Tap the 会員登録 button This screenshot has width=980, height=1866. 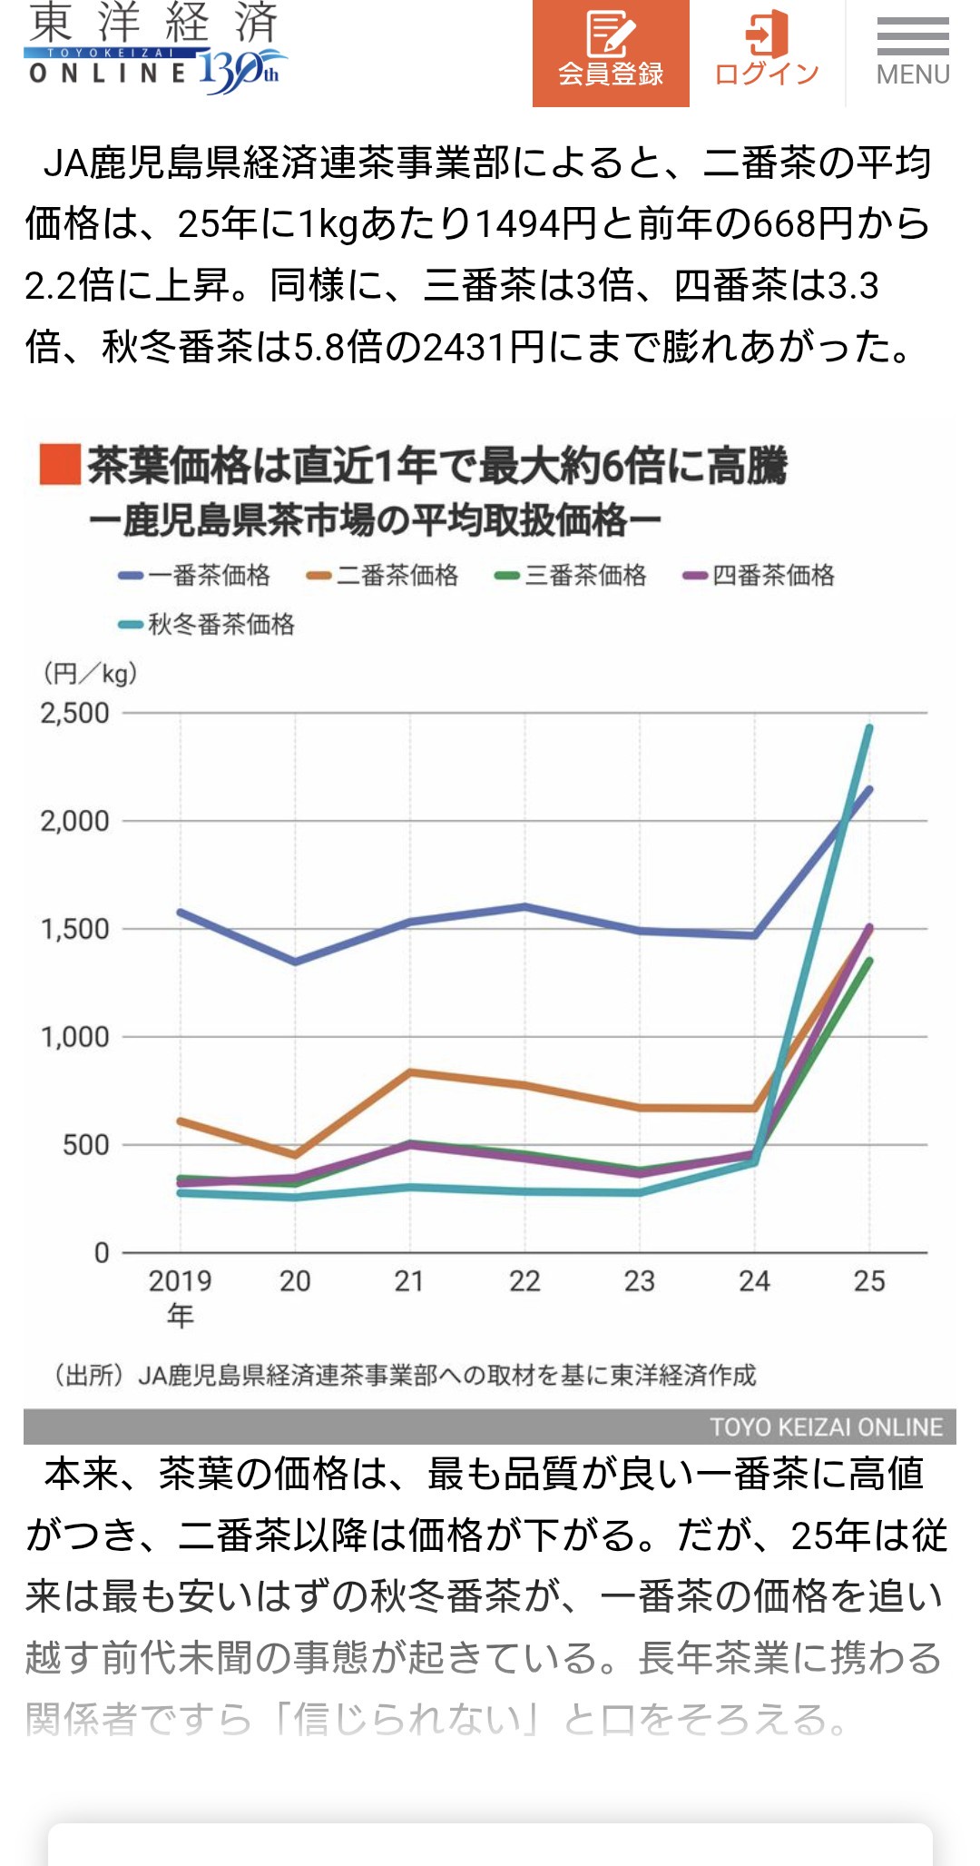click(611, 53)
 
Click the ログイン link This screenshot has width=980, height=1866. click(767, 53)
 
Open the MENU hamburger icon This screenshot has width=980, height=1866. click(912, 53)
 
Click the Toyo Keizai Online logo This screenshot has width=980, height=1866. click(155, 50)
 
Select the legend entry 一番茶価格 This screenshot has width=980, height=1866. click(195, 575)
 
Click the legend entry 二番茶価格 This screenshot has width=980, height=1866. click(383, 575)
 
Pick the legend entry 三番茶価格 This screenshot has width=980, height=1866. click(571, 575)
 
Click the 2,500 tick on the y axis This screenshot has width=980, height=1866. click(74, 714)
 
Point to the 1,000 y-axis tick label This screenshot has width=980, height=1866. click(74, 1037)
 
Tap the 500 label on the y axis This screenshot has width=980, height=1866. click(85, 1145)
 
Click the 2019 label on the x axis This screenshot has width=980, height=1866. click(180, 1281)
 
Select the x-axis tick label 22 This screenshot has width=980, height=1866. click(524, 1281)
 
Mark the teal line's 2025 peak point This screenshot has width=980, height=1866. click(869, 727)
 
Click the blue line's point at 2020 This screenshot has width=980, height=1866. click(295, 962)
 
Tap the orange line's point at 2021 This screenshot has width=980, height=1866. click(410, 1072)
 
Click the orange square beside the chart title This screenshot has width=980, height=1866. click(60, 465)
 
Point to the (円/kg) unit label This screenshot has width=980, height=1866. click(90, 674)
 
